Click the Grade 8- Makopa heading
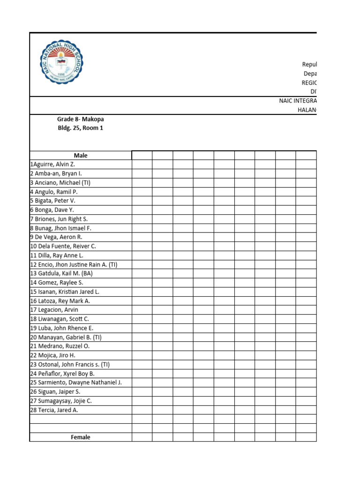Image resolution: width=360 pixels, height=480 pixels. click(80, 120)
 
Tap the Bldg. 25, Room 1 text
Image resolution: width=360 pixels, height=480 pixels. click(80, 128)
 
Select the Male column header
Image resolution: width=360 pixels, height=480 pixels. click(81, 156)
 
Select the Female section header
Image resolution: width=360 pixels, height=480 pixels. click(81, 437)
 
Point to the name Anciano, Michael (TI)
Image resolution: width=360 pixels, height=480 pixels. click(60, 183)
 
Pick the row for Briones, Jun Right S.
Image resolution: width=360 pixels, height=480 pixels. click(59, 219)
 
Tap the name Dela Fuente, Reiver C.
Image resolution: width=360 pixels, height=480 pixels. click(63, 246)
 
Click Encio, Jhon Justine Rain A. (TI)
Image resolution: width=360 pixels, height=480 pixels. click(74, 264)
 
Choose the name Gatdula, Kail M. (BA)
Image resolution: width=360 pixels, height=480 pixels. click(62, 273)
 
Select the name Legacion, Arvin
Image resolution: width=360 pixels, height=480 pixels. click(54, 310)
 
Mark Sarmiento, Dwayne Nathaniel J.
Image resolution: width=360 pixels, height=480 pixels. click(75, 382)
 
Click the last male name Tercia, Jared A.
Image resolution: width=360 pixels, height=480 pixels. click(54, 410)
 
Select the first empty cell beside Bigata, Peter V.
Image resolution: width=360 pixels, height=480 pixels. click(142, 201)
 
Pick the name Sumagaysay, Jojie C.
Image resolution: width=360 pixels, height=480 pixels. click(61, 401)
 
